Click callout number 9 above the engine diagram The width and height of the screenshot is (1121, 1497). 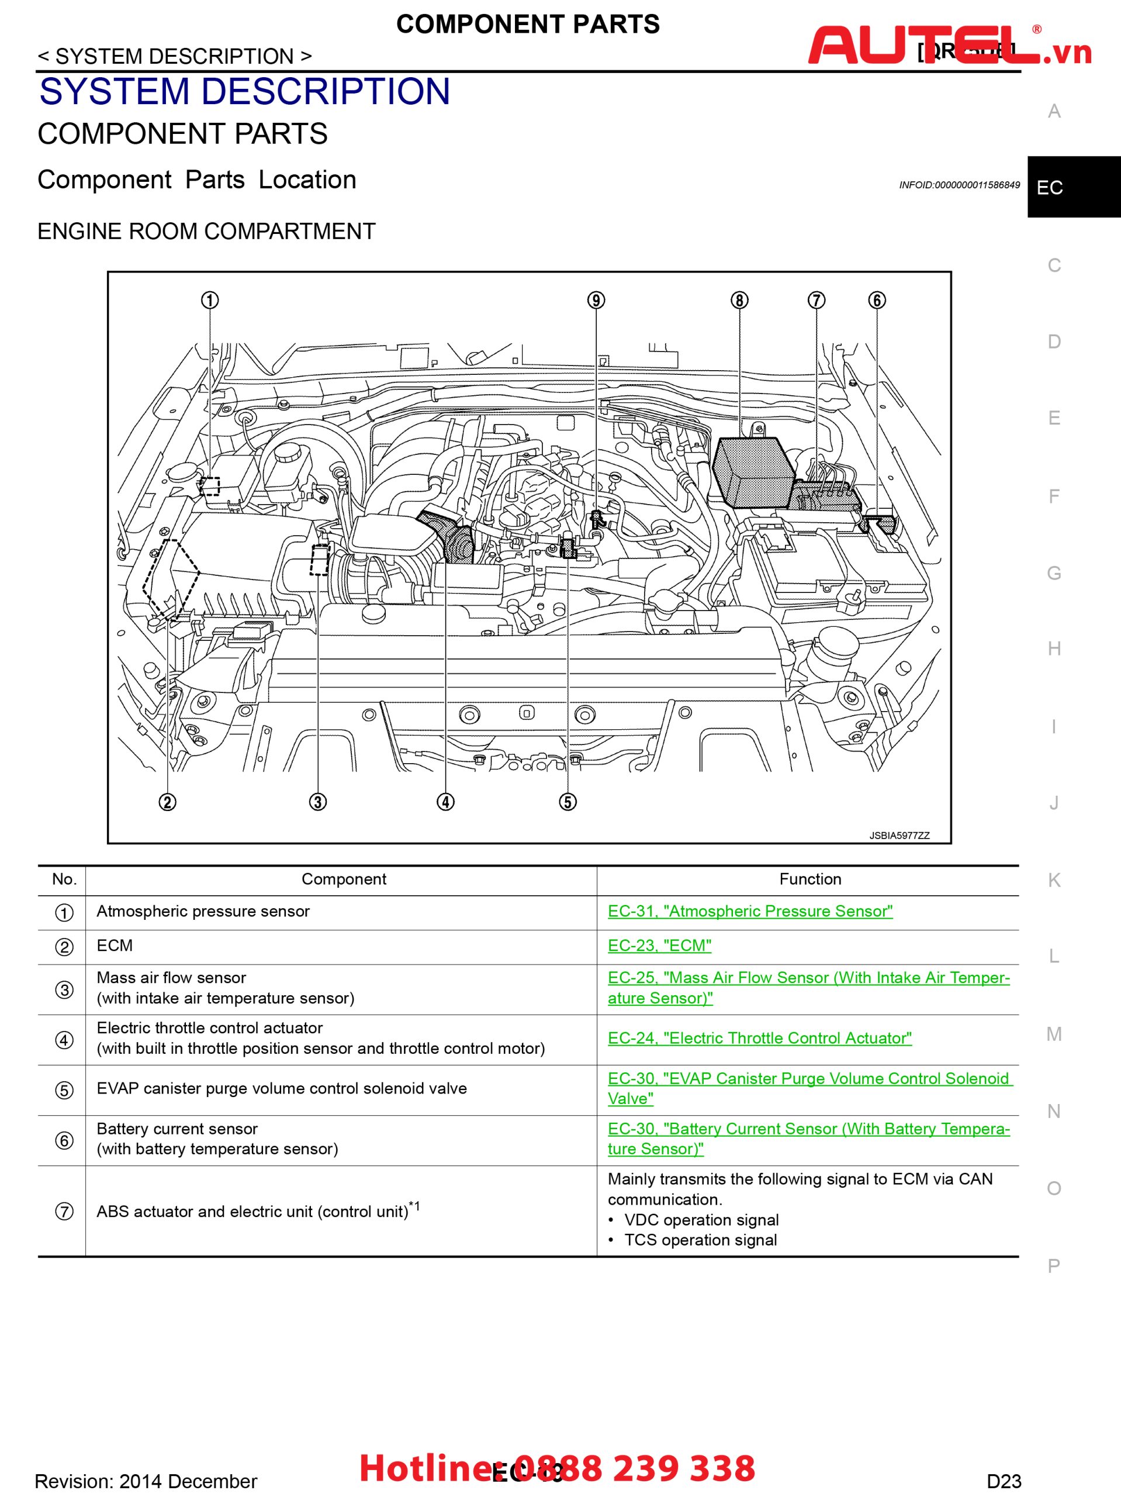(x=596, y=300)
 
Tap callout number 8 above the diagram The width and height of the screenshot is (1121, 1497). (x=739, y=300)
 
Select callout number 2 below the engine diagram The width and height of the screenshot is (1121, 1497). (x=167, y=802)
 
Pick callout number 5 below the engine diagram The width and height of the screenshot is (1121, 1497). (x=568, y=802)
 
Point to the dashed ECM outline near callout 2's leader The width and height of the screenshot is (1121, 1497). (x=171, y=579)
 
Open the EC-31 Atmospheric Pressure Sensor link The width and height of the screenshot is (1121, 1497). (x=750, y=911)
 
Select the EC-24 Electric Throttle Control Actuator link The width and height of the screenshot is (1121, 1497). (x=759, y=1038)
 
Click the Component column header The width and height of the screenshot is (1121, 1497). (x=344, y=879)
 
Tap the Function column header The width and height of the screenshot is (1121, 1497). (x=810, y=879)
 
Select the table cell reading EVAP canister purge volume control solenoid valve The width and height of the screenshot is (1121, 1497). (x=282, y=1088)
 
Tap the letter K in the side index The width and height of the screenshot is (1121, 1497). (x=1053, y=880)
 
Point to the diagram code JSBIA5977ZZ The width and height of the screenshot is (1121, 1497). (x=899, y=835)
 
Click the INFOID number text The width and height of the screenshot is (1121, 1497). (x=959, y=185)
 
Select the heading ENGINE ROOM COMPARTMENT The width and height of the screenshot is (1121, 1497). (x=206, y=232)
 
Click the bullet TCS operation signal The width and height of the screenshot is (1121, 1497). (x=700, y=1240)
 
